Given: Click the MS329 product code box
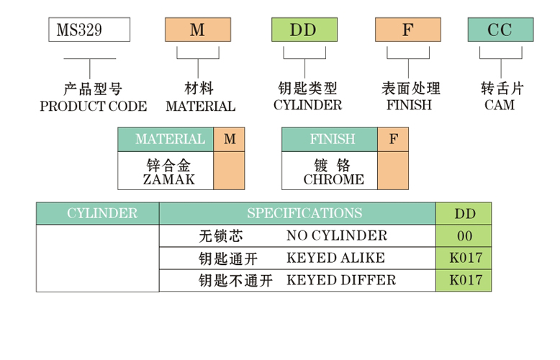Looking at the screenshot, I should (89, 30).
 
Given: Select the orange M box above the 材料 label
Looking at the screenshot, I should (197, 30).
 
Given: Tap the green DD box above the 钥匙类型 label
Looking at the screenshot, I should (303, 30).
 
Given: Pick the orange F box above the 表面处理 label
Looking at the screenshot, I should (407, 30).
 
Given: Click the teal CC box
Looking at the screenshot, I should (500, 30).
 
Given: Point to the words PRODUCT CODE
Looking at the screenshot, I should (93, 107).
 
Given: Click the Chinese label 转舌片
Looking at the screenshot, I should (502, 89).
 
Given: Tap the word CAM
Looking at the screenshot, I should (500, 106).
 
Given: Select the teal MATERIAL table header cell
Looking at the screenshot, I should (166, 140).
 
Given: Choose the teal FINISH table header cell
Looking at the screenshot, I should (330, 140).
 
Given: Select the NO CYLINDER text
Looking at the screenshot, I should (336, 235).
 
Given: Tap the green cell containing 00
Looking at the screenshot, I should (464, 235).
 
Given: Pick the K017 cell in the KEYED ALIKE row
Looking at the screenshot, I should (464, 258).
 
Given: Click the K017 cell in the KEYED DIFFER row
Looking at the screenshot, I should (464, 280).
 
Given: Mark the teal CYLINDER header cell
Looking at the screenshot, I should (98, 213).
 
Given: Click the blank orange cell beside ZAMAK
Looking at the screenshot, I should (229, 171).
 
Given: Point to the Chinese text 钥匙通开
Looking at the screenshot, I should (227, 258).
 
